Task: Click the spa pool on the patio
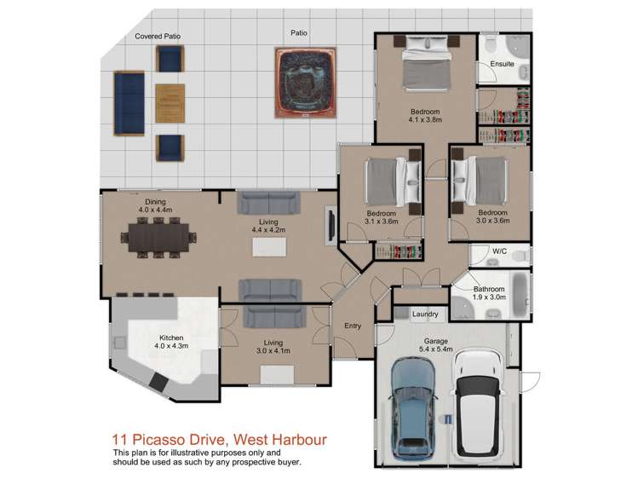coord(307,82)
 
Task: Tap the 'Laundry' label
coord(424,315)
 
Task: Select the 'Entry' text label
coord(353,326)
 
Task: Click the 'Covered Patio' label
coord(158,37)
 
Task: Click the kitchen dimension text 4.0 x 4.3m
coord(171,345)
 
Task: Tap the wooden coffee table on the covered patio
coord(170,102)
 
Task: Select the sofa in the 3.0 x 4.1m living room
coord(274,318)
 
